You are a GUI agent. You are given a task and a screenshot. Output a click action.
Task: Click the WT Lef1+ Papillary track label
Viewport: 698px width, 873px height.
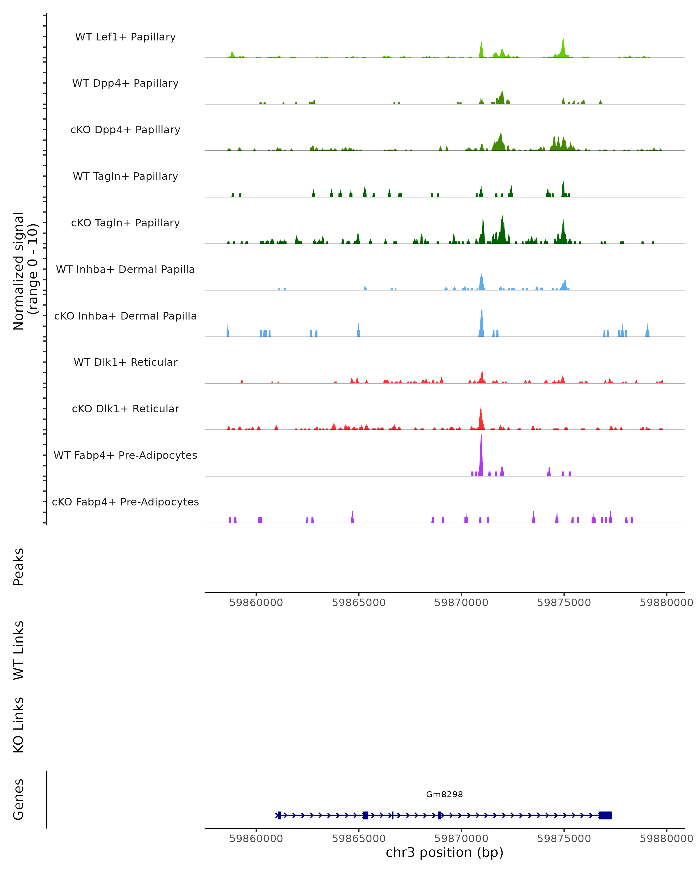[125, 37]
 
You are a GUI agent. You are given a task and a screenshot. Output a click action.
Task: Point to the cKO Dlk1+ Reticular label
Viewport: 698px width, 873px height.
[125, 409]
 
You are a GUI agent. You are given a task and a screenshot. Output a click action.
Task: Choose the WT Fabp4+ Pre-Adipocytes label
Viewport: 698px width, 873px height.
[125, 455]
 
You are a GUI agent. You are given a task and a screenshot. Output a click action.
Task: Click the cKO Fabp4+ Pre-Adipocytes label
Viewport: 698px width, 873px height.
[125, 502]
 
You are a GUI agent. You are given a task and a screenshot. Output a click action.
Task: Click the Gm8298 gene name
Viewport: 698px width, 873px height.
[444, 794]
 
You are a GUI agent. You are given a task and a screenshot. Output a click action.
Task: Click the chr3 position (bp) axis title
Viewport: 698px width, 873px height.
[444, 852]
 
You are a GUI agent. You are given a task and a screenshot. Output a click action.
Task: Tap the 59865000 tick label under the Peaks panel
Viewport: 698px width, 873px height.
[359, 603]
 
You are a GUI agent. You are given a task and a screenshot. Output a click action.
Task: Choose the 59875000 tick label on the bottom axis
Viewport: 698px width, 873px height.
[564, 839]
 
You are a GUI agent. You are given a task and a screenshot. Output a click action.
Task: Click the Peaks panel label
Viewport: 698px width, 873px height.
[19, 567]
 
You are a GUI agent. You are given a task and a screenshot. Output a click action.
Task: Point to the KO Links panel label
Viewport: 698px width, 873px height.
[19, 725]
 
